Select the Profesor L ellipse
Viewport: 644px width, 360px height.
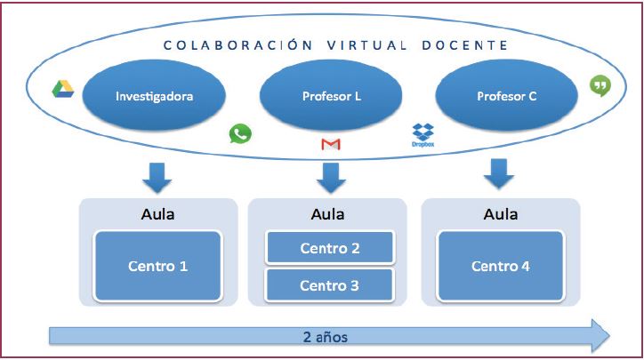(330, 94)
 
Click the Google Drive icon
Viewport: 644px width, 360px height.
(61, 88)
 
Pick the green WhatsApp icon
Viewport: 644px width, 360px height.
(240, 134)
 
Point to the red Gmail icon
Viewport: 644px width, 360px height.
(330, 144)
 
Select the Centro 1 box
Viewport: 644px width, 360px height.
(157, 266)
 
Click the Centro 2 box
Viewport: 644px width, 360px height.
(330, 248)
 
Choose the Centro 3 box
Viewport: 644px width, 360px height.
(330, 285)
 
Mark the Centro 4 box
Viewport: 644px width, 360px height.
(500, 266)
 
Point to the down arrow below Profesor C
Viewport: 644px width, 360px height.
(499, 174)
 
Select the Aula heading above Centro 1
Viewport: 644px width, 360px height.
(157, 213)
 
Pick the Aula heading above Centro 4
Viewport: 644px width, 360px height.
(500, 213)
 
